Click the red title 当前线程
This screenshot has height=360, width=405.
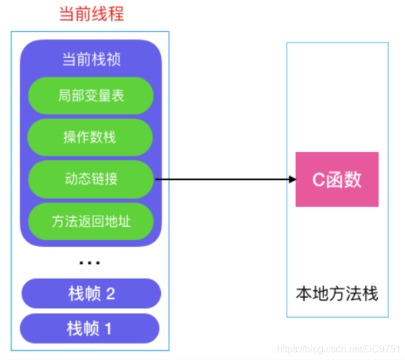click(91, 15)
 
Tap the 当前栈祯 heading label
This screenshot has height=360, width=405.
click(91, 60)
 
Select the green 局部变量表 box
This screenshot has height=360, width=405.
click(91, 96)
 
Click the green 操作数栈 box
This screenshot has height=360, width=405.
click(90, 137)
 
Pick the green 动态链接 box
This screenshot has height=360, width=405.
click(91, 179)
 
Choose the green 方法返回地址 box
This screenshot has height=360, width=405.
click(91, 221)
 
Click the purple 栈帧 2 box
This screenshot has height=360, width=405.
click(91, 294)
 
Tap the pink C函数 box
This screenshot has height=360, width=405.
click(337, 180)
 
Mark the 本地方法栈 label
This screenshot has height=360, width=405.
click(337, 294)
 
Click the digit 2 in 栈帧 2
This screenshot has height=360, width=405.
click(111, 294)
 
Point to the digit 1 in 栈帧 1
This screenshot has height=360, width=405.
click(108, 329)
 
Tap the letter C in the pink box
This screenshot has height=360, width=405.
click(318, 180)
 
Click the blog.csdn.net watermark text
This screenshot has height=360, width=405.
click(339, 349)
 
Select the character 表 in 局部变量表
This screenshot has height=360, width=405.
click(117, 96)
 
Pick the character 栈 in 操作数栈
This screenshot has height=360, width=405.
click(109, 137)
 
